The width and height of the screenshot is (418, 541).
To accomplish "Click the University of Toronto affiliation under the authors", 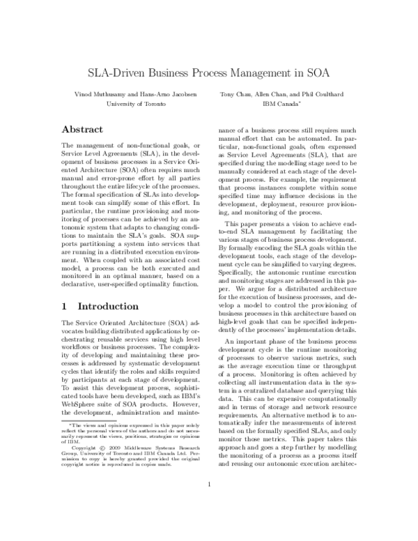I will tap(135, 103).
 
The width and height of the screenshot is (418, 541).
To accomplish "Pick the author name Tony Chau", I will tap(236, 93).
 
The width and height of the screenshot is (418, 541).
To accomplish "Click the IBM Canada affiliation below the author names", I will tap(281, 103).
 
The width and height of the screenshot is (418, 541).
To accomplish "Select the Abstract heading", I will tap(83, 130).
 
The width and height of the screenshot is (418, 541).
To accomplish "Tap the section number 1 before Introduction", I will tap(64, 306).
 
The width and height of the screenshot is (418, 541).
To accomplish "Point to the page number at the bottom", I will tap(209, 503).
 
